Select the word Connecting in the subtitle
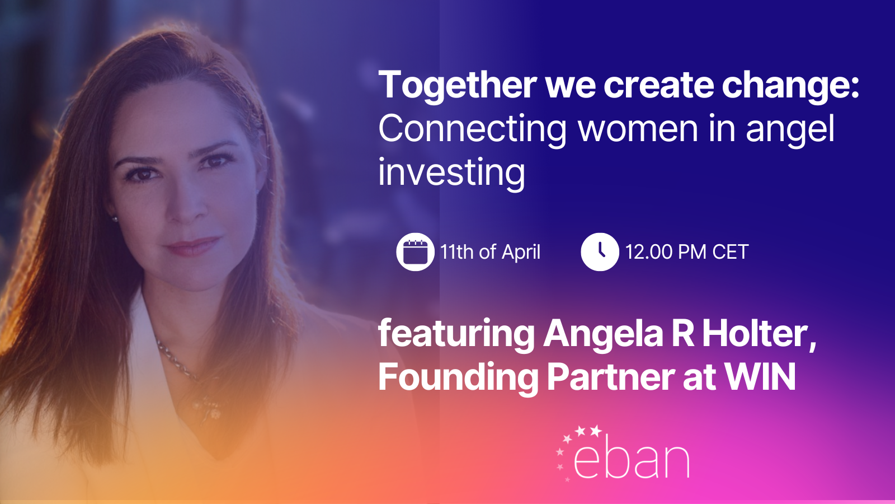pos(472,129)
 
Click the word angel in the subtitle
pos(790,129)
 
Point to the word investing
pos(451,173)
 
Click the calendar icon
pos(415,252)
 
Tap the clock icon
pos(600,252)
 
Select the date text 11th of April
pos(490,252)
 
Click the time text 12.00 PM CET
pos(686,252)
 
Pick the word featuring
pos(456,334)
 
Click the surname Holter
pos(759,334)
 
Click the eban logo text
pos(632,460)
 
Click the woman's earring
pos(115,219)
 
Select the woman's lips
pos(192,245)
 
